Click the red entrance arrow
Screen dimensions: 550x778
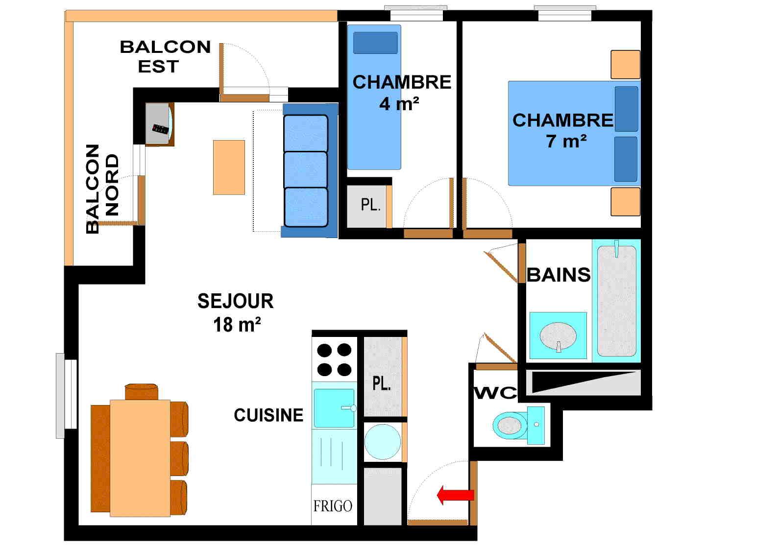click(x=455, y=495)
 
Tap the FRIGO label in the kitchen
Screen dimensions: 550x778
click(x=333, y=506)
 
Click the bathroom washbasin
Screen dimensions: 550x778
click(x=558, y=336)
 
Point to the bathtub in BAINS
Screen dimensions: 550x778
click(x=617, y=300)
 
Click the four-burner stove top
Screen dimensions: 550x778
click(x=334, y=359)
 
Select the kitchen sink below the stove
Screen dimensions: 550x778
click(x=334, y=407)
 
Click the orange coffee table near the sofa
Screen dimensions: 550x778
click(x=229, y=167)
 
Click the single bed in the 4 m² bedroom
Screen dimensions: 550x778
click(x=374, y=98)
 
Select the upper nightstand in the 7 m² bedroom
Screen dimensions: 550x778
click(x=625, y=65)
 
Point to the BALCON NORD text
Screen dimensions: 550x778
click(x=102, y=188)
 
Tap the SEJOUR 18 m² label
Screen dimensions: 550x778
click(x=236, y=312)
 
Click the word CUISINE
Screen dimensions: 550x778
click(x=268, y=415)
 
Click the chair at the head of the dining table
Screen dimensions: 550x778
click(x=141, y=392)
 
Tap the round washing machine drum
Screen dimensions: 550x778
click(x=383, y=441)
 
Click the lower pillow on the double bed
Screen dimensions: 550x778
click(x=626, y=159)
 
